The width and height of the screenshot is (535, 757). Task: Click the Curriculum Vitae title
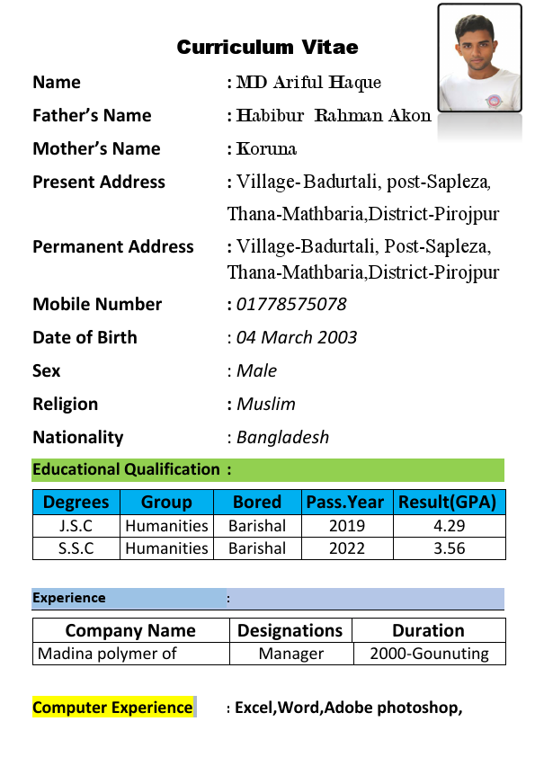(x=267, y=47)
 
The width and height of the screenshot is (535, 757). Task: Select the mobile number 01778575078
(x=291, y=304)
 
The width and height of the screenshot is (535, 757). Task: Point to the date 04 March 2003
(x=297, y=337)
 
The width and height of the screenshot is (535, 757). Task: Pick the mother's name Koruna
(x=267, y=149)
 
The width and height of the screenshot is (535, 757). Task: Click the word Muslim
(x=266, y=404)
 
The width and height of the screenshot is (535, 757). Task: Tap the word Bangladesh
(x=282, y=437)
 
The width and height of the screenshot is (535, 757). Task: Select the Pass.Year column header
(x=344, y=502)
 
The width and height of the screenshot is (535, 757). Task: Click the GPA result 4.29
(x=449, y=526)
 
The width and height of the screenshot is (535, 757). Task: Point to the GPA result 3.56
(x=449, y=548)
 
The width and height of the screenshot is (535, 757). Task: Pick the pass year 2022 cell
(x=347, y=548)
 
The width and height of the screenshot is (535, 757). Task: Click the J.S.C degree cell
(x=76, y=526)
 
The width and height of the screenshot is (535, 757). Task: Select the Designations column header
(x=290, y=630)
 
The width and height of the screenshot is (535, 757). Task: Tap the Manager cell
(x=290, y=654)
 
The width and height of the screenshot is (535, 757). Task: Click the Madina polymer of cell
(x=107, y=654)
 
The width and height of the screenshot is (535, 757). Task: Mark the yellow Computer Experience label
(x=112, y=708)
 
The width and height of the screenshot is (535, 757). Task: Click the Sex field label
(x=47, y=370)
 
